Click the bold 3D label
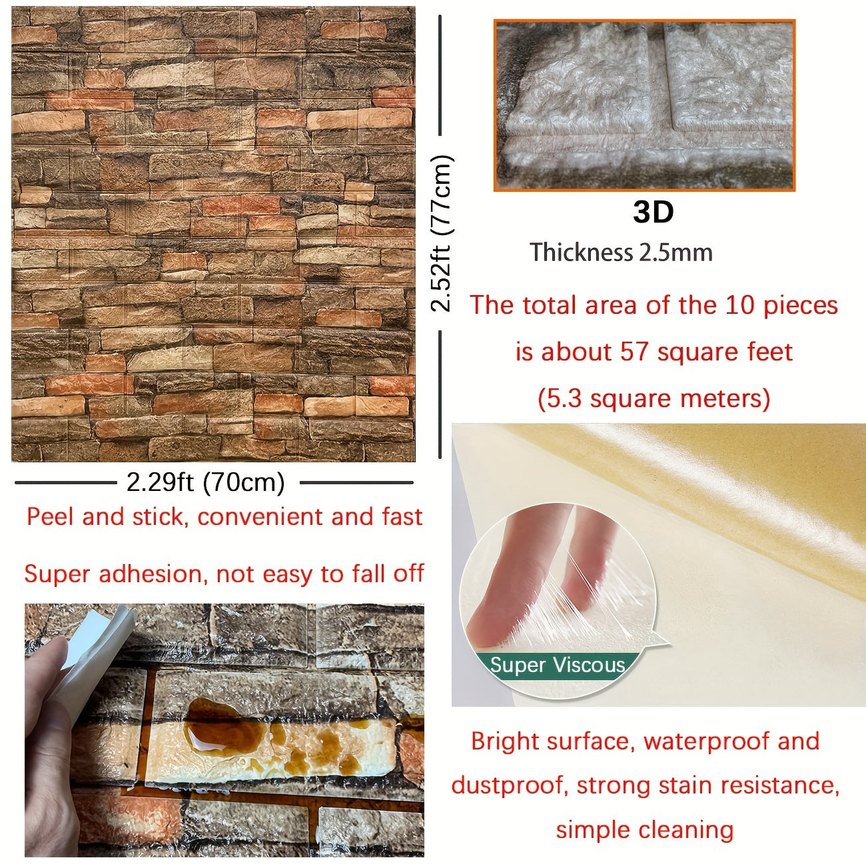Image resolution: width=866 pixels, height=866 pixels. click(x=653, y=213)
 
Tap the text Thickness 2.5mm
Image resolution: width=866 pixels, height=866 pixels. click(x=621, y=252)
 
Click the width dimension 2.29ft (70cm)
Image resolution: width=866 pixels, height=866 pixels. click(x=206, y=482)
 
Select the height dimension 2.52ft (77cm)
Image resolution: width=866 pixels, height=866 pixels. click(x=442, y=234)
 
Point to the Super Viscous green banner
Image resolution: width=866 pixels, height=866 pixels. click(x=557, y=665)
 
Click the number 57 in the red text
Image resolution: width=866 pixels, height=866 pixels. click(x=634, y=352)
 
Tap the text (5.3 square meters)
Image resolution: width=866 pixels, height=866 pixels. click(x=653, y=398)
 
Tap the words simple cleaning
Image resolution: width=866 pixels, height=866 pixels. click(x=644, y=830)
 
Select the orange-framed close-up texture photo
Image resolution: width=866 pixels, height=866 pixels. click(x=644, y=106)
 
